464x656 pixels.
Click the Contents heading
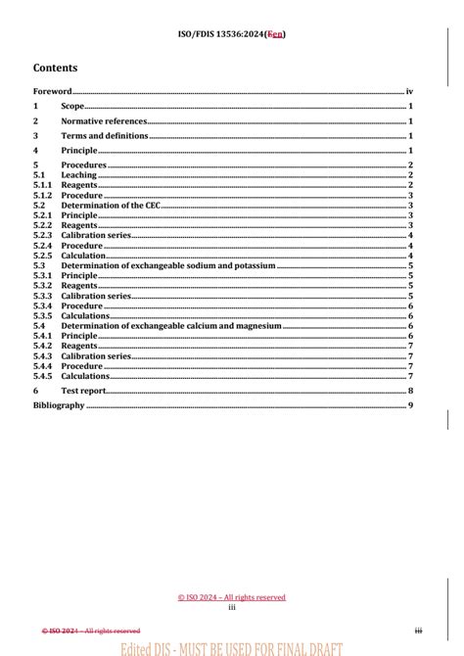click(55, 69)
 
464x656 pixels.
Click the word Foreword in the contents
click(53, 91)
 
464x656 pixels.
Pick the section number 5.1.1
click(43, 185)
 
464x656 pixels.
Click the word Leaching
click(79, 175)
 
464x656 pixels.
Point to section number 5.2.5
click(43, 256)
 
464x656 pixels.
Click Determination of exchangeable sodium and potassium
click(167, 265)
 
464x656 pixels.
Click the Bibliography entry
click(59, 405)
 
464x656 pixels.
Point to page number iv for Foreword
click(411, 91)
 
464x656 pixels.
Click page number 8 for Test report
click(412, 391)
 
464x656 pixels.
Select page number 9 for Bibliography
click(412, 405)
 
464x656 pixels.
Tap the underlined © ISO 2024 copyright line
click(232, 596)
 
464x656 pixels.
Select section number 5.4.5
click(43, 376)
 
